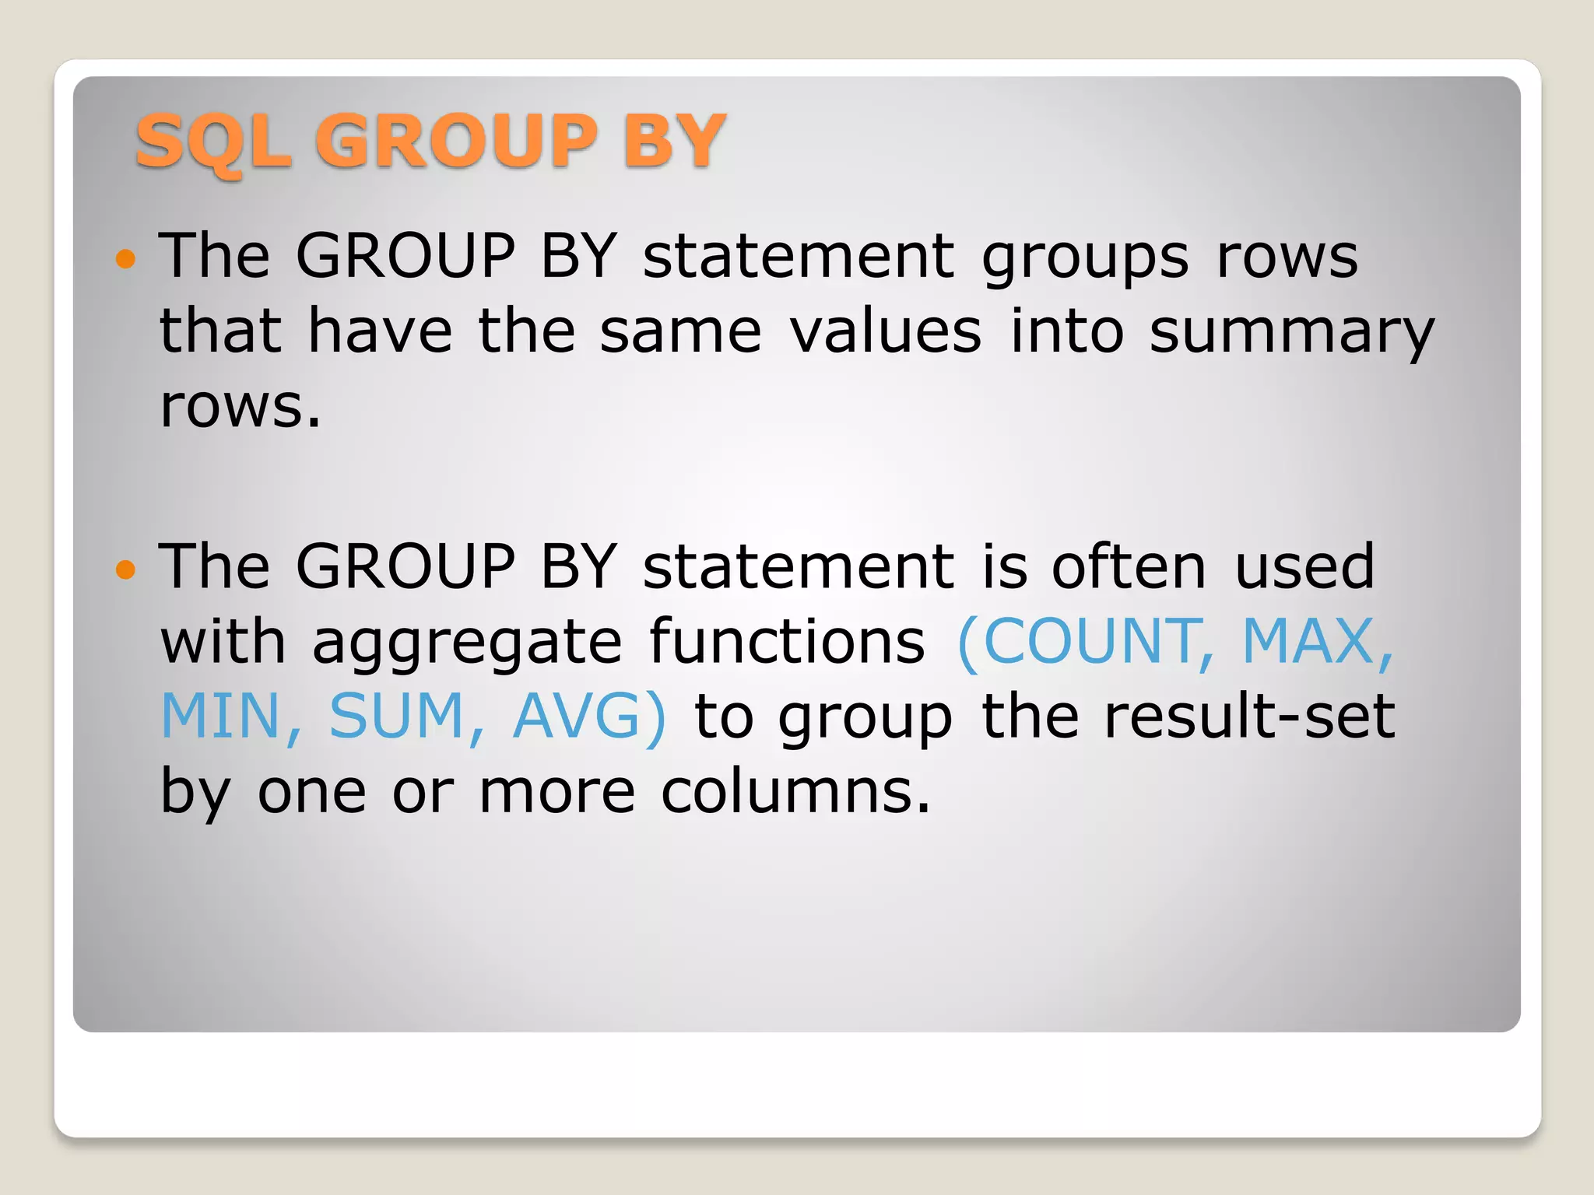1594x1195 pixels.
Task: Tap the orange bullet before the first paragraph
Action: pos(125,258)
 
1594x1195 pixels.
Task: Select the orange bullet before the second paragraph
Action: pos(125,569)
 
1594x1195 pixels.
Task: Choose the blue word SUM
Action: pos(397,716)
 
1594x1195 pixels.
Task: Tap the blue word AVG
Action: pos(580,716)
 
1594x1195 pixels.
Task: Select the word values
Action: pos(886,331)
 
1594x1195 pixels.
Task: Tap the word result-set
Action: pos(1248,716)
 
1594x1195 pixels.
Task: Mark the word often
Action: pos(1129,566)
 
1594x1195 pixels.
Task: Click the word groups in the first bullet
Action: pos(1085,258)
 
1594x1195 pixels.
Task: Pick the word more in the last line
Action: pos(557,792)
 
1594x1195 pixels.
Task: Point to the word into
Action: pos(1066,331)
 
